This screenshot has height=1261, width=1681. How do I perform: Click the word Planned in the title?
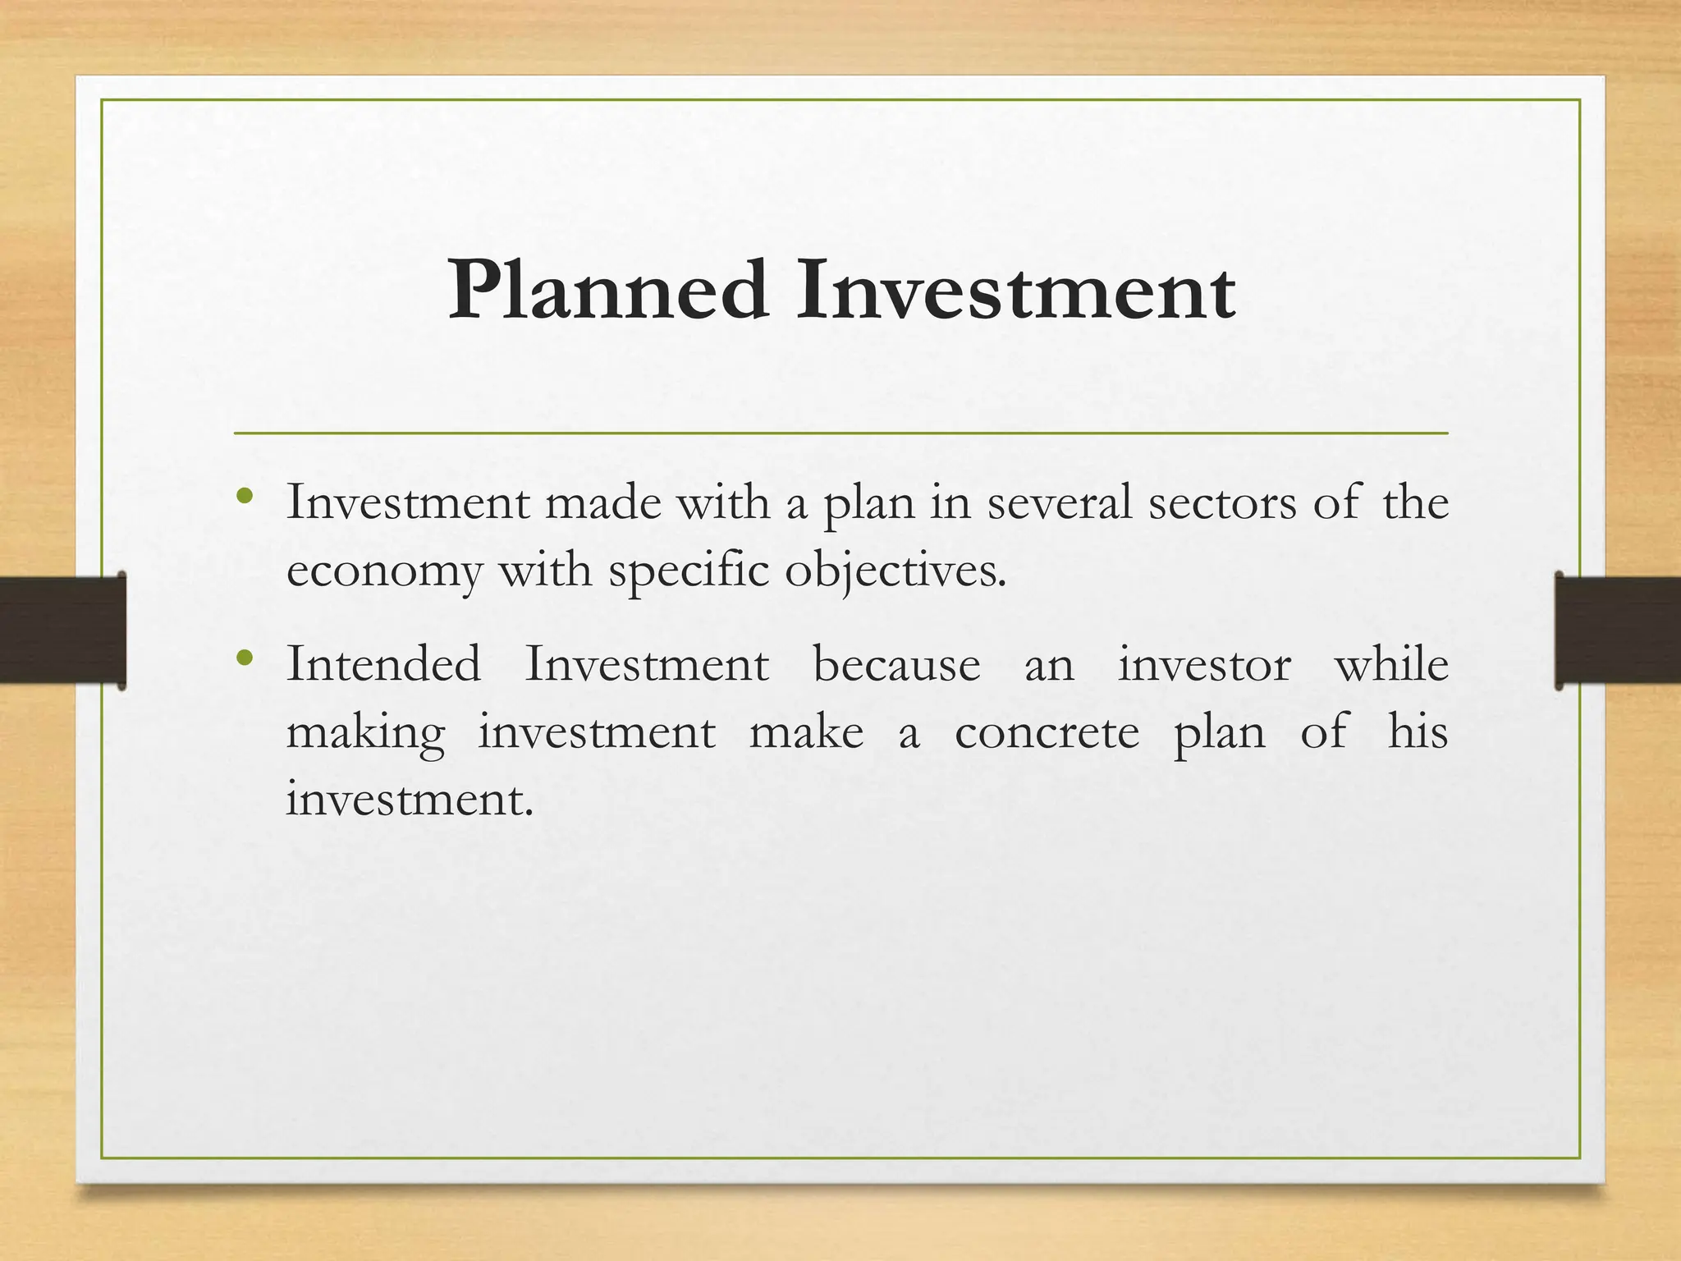coord(608,291)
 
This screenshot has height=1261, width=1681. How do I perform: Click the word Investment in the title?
coord(1015,291)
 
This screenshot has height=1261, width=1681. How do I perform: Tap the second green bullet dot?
coord(243,658)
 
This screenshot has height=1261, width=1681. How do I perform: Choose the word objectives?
coord(895,571)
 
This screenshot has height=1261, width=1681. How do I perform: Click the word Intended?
coord(383,664)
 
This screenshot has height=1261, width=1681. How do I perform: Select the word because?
coord(896,664)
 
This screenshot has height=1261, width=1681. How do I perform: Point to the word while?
coord(1391,664)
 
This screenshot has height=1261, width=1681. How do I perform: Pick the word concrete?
coord(1047,733)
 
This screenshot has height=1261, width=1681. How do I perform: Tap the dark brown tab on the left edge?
coord(62,630)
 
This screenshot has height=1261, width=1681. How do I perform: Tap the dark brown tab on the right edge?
coord(1618,630)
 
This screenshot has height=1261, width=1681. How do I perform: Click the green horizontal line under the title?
coord(840,433)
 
